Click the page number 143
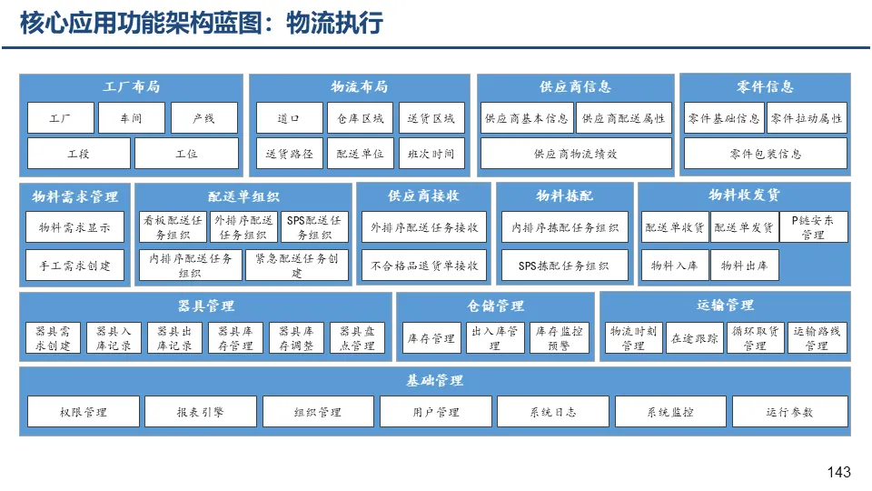pos(839,472)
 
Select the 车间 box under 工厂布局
pos(133,118)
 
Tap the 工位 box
pos(186,154)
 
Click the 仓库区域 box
pos(361,118)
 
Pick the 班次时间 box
pos(431,154)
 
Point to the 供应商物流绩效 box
pos(575,154)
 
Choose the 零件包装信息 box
pos(765,154)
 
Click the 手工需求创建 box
pos(74,266)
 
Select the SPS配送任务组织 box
pos(314,227)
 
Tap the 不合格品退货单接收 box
pos(424,266)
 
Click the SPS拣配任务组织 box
pos(563,266)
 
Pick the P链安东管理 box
pos(813,227)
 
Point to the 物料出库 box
pos(744,266)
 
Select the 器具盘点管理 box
pos(357,338)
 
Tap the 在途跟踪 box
pos(694,338)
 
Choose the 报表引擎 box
pos(200,412)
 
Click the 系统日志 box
pos(552,412)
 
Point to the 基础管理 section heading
pos(434,380)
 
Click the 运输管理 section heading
pos(725,305)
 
